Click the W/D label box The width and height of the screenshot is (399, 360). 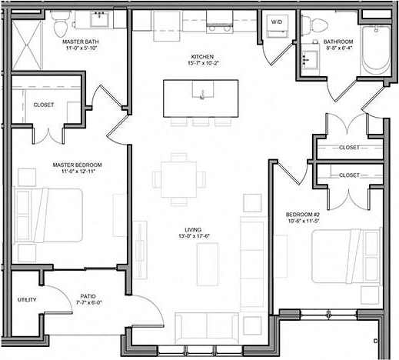pos(276,22)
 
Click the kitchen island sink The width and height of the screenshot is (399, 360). pos(202,95)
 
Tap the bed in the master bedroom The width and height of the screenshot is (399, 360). pos(48,215)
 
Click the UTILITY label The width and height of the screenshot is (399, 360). pos(26,299)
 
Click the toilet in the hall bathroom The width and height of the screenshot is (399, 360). pos(311,25)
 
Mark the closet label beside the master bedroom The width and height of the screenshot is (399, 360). pos(44,105)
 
